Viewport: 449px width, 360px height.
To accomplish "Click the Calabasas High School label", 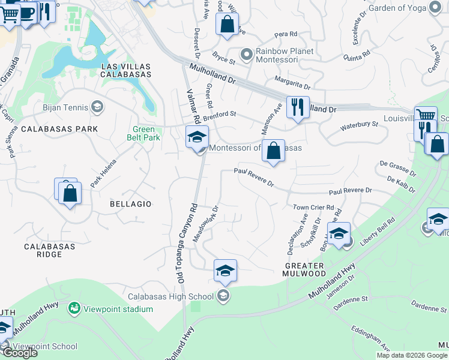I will (170, 296).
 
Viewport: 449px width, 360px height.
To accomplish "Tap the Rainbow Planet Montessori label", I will (285, 56).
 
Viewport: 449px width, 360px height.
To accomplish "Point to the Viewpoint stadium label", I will (117, 309).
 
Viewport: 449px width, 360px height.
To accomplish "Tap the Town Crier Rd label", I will (313, 208).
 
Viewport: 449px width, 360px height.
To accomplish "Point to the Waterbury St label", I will (359, 125).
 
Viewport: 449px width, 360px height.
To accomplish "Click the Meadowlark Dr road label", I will (206, 224).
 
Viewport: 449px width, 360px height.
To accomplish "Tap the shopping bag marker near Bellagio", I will (70, 193).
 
